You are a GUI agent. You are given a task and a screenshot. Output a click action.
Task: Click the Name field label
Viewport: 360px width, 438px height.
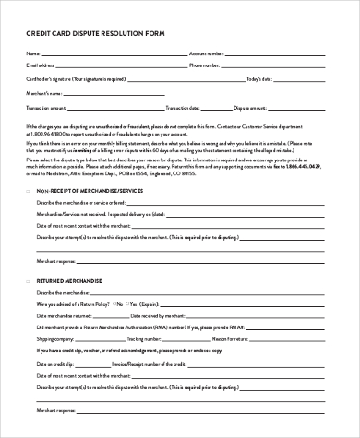click(34, 54)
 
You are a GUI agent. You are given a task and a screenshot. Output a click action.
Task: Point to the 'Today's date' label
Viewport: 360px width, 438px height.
click(258, 80)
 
